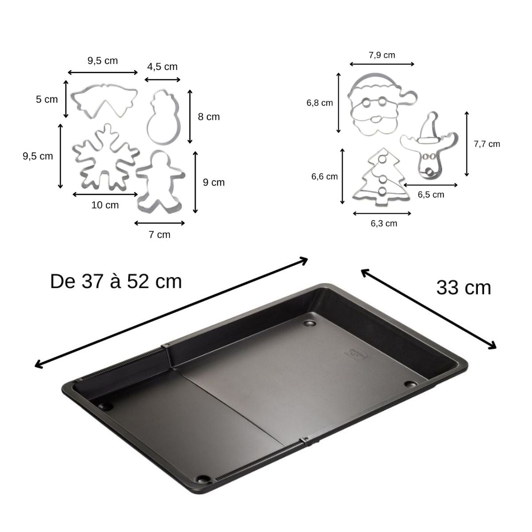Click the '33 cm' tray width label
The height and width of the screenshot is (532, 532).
pos(464,288)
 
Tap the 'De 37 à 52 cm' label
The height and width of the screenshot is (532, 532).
pos(116,282)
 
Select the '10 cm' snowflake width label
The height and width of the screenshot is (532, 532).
pos(105,205)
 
